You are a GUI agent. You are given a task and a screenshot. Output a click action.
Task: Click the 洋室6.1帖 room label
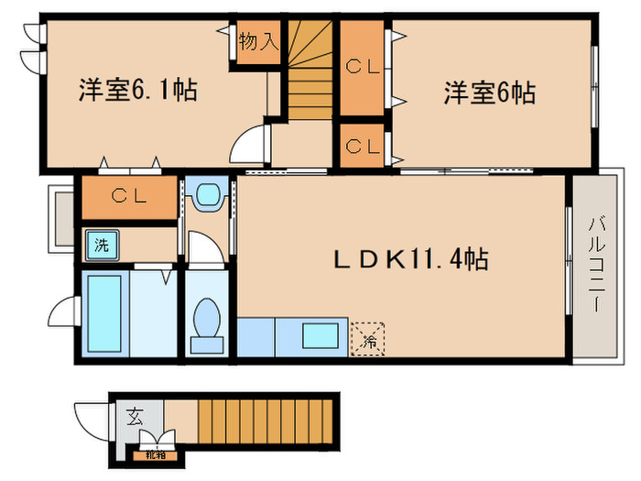137,92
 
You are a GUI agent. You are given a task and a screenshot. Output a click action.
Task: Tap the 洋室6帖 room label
490,93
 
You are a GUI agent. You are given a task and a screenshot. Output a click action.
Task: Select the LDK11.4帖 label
409,259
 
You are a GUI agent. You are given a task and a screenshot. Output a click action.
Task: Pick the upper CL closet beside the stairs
363,67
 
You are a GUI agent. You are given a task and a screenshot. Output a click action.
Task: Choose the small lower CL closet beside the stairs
363,146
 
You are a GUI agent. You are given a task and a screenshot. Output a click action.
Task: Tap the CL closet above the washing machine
128,195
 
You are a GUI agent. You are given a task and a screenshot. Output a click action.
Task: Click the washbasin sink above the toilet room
210,194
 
